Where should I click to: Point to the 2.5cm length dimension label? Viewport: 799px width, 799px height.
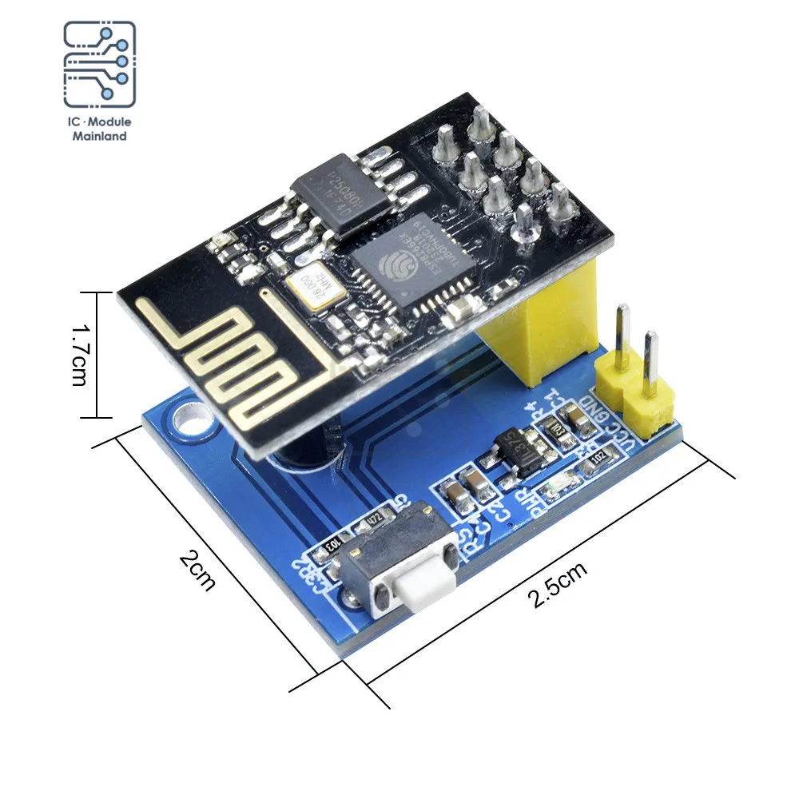[x=557, y=586]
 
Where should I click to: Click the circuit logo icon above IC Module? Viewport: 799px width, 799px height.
[x=100, y=65]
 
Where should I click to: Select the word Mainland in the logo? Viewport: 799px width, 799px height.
[x=100, y=136]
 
